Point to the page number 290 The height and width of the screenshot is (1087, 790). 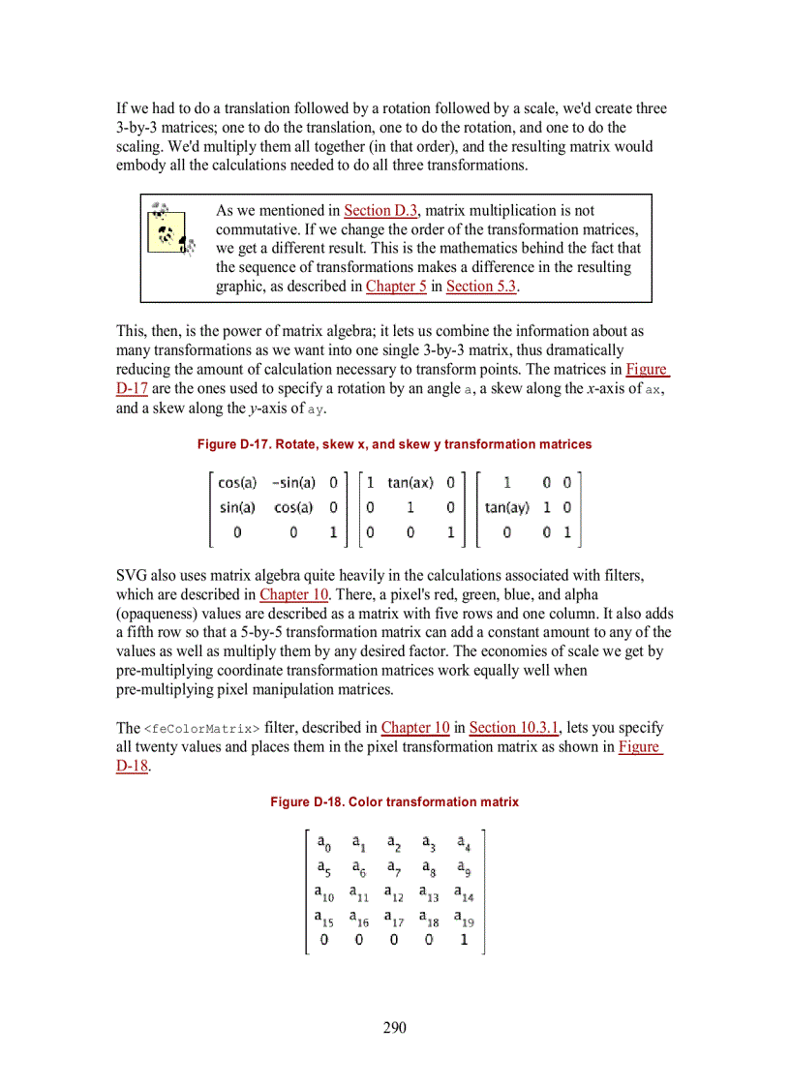coord(394,1028)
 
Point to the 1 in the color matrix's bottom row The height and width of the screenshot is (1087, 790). coord(463,939)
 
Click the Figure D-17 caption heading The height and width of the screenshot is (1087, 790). coord(394,444)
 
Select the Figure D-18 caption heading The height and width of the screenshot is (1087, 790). coord(394,801)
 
